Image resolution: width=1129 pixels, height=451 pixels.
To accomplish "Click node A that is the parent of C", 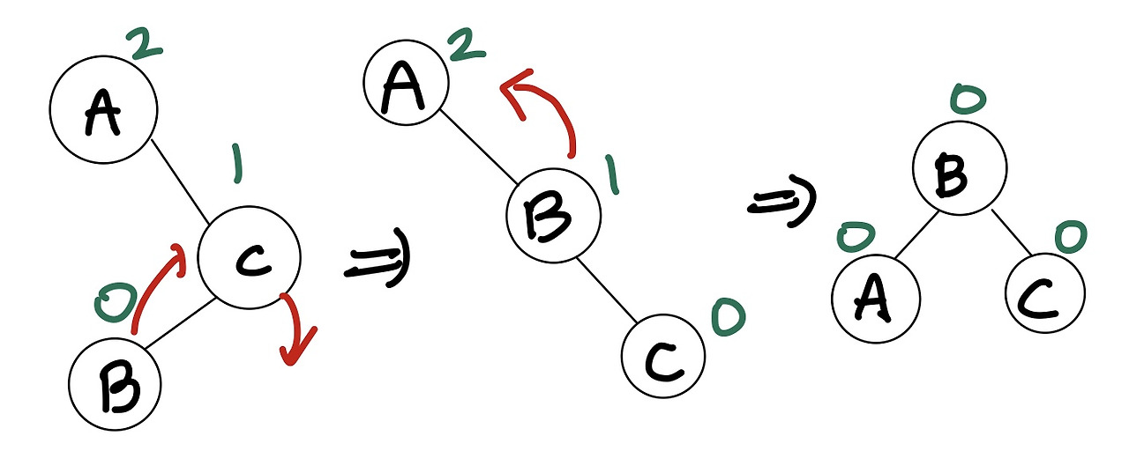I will pyautogui.click(x=103, y=111).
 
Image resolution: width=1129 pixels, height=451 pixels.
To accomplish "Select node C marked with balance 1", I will pyautogui.click(x=250, y=257).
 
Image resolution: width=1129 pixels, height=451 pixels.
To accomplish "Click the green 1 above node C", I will pyautogui.click(x=236, y=166).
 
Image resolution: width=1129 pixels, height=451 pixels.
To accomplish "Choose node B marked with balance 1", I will pyautogui.click(x=553, y=214).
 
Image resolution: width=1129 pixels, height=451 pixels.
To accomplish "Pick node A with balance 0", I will pyautogui.click(x=875, y=294).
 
